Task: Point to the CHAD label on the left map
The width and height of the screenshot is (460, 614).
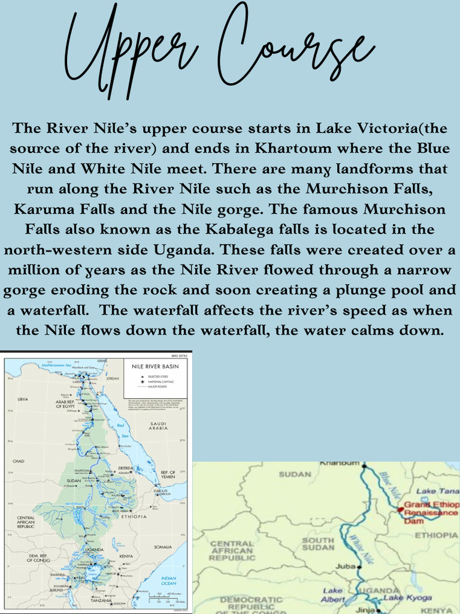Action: tap(18, 461)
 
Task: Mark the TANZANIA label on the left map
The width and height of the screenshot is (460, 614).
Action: tap(101, 600)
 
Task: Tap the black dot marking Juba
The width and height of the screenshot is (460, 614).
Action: tap(359, 565)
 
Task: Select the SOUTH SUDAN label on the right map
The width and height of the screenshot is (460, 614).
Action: tap(318, 544)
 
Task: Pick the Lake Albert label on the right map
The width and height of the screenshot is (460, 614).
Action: tap(333, 595)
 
